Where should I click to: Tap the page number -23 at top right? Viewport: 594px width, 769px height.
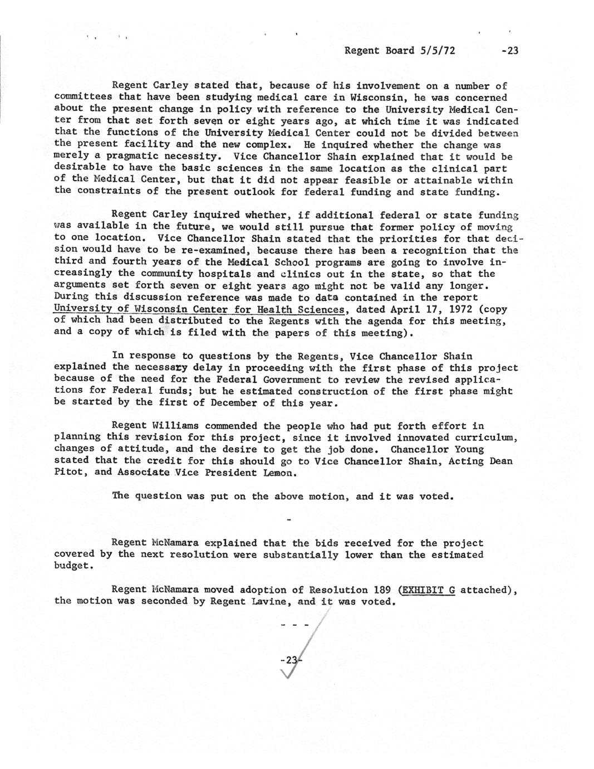509,51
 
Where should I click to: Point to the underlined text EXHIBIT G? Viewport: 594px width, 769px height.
428,590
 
